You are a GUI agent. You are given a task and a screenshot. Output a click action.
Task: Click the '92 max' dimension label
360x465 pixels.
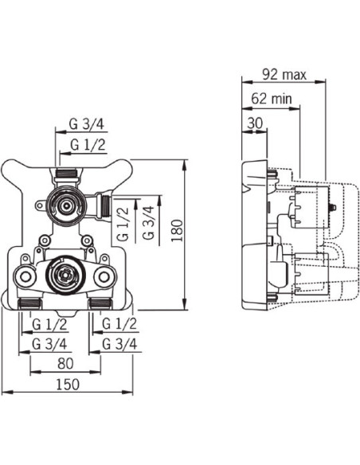284,75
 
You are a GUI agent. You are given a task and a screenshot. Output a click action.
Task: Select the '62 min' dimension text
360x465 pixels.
272,99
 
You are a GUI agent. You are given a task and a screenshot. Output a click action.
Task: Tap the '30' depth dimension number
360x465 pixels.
255,123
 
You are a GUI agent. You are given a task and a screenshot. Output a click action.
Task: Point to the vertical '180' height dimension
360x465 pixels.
178,230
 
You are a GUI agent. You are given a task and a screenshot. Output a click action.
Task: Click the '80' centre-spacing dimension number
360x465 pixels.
65,364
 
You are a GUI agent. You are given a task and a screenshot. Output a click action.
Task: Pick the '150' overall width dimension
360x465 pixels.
68,385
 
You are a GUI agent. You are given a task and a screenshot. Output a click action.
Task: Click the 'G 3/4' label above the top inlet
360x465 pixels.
87,124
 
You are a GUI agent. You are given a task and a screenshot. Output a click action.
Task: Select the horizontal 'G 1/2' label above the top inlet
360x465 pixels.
88,145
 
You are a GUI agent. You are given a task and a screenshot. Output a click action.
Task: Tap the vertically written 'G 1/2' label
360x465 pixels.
123,223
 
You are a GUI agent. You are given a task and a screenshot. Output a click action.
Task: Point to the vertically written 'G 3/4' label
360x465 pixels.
149,223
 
